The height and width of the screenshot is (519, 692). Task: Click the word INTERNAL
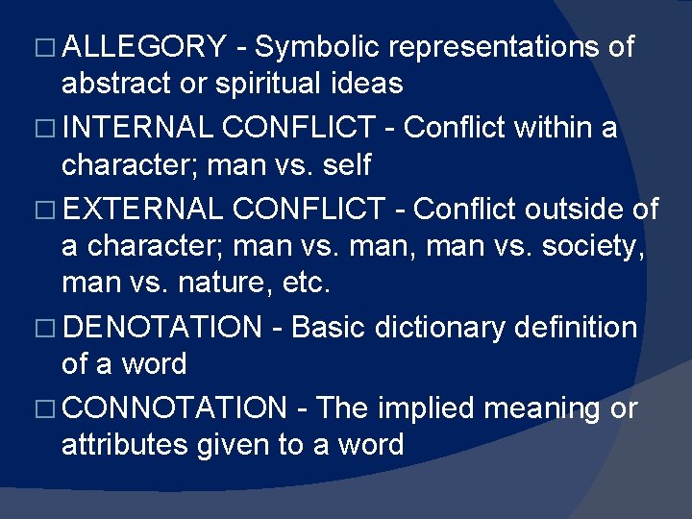[137, 126]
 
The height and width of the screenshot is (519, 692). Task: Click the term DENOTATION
[165, 327]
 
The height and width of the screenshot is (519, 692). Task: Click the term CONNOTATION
[177, 408]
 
